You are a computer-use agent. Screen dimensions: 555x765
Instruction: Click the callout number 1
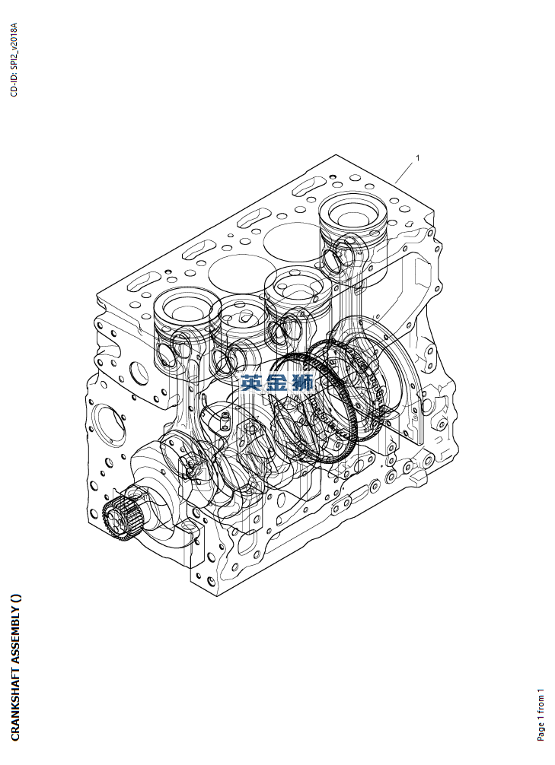click(x=417, y=157)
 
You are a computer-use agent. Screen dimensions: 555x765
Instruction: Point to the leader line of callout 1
click(x=404, y=173)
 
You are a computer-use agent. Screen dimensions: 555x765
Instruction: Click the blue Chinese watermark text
click(x=277, y=382)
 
